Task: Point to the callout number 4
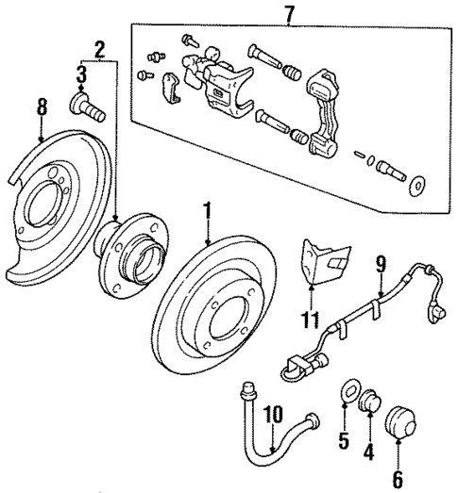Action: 369,452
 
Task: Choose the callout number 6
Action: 397,478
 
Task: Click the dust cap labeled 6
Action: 401,417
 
